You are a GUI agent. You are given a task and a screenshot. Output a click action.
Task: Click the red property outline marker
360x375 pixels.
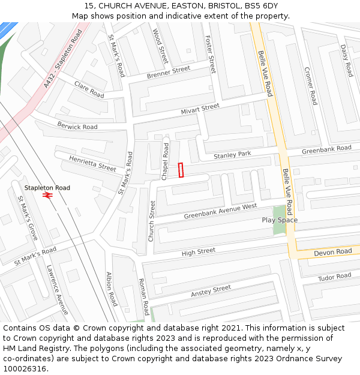pos(181,170)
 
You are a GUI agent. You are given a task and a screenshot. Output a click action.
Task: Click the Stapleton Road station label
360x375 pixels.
pos(47,188)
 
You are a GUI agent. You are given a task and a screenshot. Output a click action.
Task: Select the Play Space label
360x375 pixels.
pos(280,220)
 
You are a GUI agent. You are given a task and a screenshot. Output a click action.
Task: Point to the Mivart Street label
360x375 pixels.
pos(200,109)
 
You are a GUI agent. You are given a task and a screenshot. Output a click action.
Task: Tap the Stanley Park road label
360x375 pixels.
pos(232,155)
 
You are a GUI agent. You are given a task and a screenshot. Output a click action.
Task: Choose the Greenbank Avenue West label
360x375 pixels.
pos(220,211)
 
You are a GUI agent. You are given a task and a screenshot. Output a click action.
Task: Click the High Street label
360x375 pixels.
pos(198,251)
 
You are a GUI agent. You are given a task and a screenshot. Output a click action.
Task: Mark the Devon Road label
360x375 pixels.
pos(333,253)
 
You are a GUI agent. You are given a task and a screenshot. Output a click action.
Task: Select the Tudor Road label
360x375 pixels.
pos(334,277)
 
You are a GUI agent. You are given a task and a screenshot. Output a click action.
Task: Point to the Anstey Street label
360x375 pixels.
pos(211,292)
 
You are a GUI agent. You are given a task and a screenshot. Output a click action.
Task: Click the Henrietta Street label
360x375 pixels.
pos(92,163)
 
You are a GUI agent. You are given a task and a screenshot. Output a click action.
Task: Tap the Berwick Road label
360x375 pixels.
pos(77,127)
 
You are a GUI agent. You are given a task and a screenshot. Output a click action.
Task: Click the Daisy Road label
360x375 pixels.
pos(346,61)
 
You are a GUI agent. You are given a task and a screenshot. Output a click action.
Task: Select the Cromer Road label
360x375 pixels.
pos(311,85)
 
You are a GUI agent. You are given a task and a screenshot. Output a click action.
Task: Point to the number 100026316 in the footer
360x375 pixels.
pos(25,368)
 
